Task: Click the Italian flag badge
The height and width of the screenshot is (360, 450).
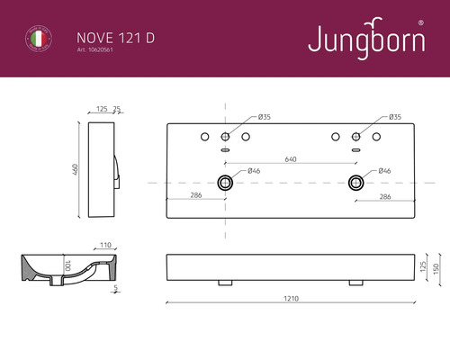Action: (36, 40)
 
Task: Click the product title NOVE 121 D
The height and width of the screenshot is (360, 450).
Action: (103, 38)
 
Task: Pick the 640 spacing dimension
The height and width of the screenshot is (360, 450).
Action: (291, 159)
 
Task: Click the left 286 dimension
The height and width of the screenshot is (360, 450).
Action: (195, 195)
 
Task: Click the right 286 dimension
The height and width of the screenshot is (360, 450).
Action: (384, 195)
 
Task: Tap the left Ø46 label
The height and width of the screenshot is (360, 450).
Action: (254, 170)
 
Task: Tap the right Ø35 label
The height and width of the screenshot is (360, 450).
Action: (395, 118)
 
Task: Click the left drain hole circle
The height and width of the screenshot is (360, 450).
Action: (224, 183)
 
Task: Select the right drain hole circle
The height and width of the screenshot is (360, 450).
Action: (356, 183)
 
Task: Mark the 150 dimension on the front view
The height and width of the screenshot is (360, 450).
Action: (436, 268)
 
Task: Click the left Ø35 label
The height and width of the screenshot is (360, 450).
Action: (264, 118)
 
